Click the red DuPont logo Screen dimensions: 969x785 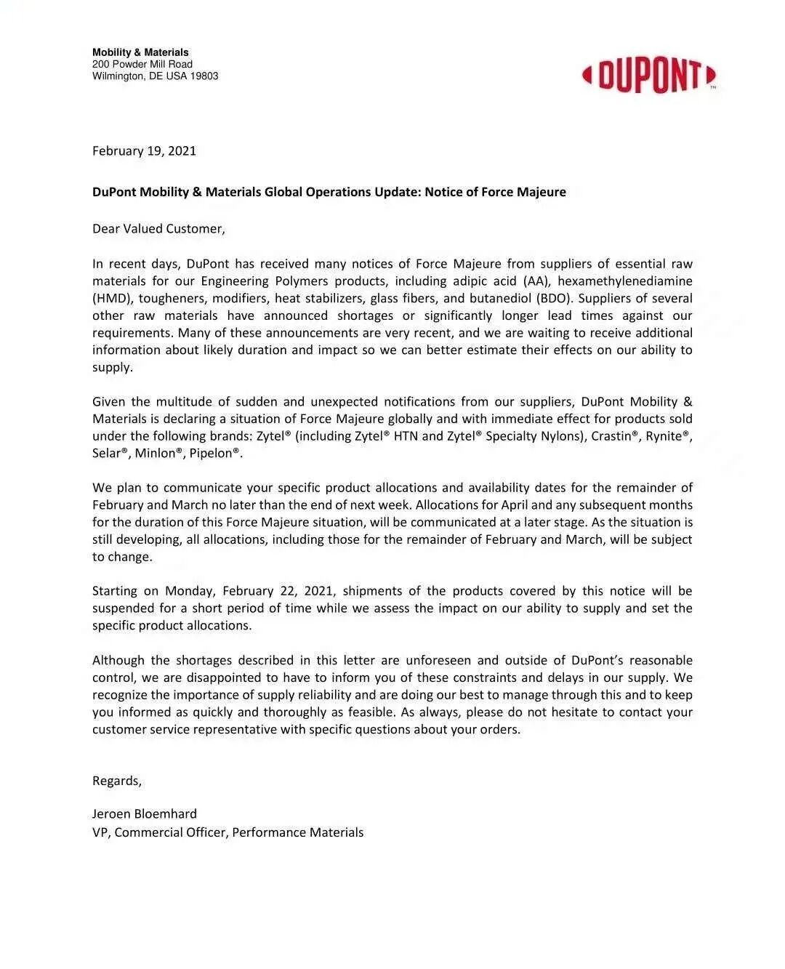pyautogui.click(x=648, y=75)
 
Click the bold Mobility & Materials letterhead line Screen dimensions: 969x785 pyautogui.click(x=140, y=52)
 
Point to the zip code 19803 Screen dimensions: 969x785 pyautogui.click(x=204, y=76)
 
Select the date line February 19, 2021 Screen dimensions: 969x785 pyautogui.click(x=144, y=151)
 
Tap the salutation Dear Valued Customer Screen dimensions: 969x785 pyautogui.click(x=158, y=229)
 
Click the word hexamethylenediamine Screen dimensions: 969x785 pyautogui.click(x=625, y=281)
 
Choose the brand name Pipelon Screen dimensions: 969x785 pyautogui.click(x=213, y=454)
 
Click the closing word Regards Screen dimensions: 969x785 pyautogui.click(x=116, y=781)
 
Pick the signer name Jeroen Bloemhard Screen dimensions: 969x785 pyautogui.click(x=145, y=814)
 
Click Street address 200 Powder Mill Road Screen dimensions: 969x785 pyautogui.click(x=142, y=65)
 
